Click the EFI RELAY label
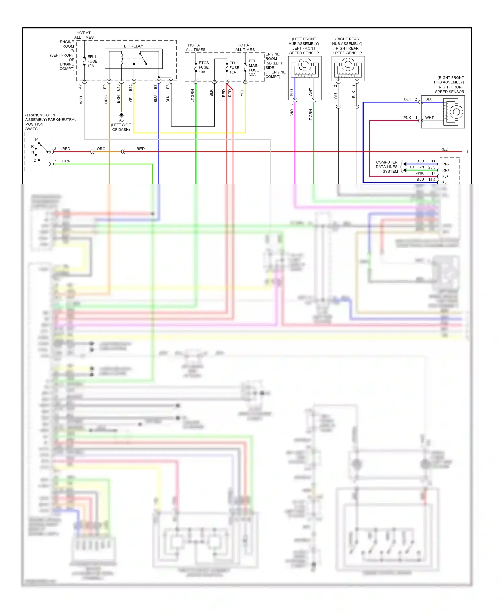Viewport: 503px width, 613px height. pos(133,46)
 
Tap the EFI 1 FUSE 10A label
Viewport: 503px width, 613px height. pos(92,61)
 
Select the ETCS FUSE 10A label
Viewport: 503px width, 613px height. pos(203,67)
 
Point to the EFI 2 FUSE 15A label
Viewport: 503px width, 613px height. pos(234,67)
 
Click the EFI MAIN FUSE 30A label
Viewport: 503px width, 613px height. pos(254,68)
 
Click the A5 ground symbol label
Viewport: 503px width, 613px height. pos(121,120)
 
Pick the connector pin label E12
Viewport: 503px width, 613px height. pos(131,88)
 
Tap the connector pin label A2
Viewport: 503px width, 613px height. pos(80,87)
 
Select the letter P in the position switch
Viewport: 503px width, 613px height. pos(36,140)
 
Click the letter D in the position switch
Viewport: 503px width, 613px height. pos(35,160)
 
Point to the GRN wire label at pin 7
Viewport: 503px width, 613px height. pos(66,161)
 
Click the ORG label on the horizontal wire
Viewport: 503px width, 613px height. pos(101,149)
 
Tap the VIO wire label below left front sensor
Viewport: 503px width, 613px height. pos(292,113)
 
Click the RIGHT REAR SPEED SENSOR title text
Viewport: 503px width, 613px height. pos(347,51)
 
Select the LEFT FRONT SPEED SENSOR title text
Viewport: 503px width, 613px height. pos(304,51)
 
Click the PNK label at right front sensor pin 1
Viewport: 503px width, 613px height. pos(407,118)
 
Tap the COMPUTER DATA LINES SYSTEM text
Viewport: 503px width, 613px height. pos(387,167)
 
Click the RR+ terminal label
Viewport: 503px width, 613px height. pos(446,170)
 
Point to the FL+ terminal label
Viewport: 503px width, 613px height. pos(445,176)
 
